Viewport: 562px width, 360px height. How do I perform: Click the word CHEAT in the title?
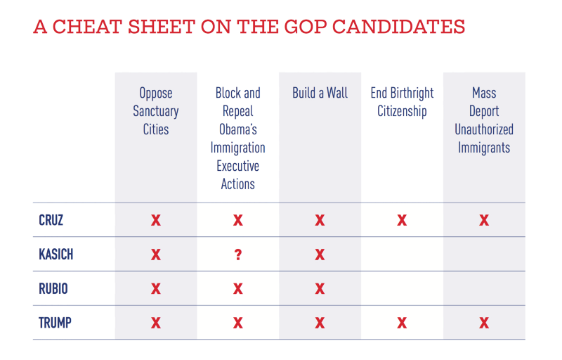coord(87,27)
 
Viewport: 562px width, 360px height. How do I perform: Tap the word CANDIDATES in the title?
coord(398,27)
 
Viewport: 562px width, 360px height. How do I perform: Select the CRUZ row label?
coord(51,220)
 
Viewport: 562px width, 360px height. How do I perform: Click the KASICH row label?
coord(56,255)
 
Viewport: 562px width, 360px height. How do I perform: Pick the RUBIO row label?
coord(53,289)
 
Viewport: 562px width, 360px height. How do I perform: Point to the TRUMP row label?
coord(55,323)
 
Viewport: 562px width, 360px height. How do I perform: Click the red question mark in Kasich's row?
coord(238,255)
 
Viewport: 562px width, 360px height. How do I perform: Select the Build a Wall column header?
coord(320,93)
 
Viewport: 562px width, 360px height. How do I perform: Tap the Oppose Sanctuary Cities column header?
coord(156,111)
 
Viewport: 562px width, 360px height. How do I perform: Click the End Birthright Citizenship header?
coord(402,102)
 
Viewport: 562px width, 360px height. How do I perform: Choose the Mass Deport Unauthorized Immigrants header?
coord(484,120)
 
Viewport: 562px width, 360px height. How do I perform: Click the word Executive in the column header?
coord(238,166)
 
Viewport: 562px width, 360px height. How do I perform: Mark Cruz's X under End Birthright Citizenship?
coord(402,220)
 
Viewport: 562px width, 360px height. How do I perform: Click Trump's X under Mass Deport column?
coord(484,323)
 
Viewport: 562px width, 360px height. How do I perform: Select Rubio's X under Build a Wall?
coord(320,289)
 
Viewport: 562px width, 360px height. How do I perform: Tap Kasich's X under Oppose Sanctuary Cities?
coord(156,255)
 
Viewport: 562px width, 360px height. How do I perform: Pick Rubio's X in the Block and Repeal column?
coord(238,289)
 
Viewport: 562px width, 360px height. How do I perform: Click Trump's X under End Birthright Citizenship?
coord(402,323)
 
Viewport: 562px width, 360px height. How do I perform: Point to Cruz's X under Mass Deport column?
coord(484,220)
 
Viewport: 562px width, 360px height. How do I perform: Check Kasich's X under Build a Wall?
coord(320,255)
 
